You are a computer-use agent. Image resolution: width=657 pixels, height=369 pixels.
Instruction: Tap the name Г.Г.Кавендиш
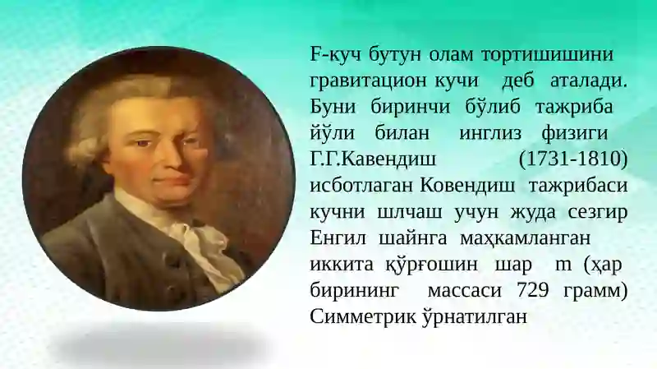coord(374,159)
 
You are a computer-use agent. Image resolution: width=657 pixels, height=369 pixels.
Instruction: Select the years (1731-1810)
coord(573,159)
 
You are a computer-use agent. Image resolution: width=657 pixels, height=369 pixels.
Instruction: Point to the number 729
coord(533,290)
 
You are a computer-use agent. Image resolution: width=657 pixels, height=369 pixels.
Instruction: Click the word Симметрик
coord(363,316)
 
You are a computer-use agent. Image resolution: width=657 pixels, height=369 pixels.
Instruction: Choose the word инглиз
coord(490,133)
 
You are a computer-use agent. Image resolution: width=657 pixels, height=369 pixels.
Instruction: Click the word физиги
coord(574,133)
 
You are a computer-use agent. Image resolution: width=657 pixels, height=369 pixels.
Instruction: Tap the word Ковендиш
coord(467,186)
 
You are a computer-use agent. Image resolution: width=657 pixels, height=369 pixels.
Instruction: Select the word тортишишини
coord(547,55)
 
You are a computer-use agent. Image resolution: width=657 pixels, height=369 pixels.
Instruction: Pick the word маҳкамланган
coord(525,238)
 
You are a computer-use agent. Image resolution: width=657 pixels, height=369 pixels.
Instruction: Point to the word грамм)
coord(595,291)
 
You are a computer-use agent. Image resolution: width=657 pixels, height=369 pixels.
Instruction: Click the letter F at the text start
coord(315,54)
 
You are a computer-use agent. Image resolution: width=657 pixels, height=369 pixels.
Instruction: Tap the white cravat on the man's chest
coord(200,247)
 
